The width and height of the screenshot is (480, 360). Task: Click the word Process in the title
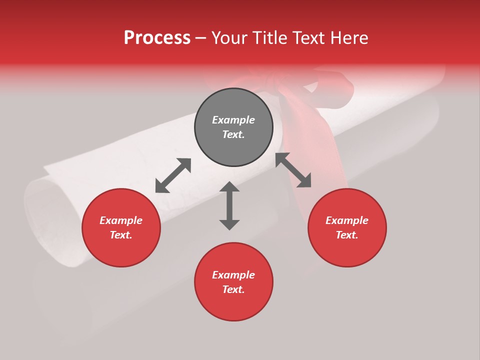coord(157,38)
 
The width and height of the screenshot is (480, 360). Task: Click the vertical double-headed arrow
coord(229,205)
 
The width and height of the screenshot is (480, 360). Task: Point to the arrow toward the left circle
coord(173,175)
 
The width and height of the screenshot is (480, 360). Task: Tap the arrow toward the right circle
coord(293,170)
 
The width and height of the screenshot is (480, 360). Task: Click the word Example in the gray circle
coord(233,120)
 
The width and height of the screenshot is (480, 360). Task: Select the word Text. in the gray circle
coord(233,134)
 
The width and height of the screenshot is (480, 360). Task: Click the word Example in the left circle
coord(121,220)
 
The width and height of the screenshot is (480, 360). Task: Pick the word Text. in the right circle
coord(347,235)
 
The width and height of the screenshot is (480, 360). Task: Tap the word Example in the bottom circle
coord(233,275)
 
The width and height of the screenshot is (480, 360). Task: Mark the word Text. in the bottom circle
coord(233,289)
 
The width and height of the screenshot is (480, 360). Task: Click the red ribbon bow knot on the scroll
coord(280,85)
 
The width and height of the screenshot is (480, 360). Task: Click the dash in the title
coord(201,38)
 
